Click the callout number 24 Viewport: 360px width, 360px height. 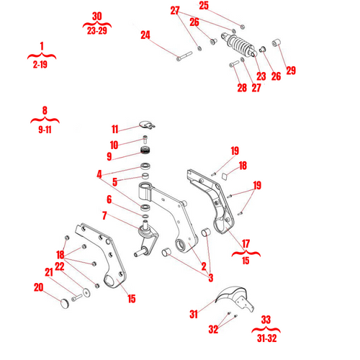point(145,35)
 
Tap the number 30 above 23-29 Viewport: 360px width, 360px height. point(98,17)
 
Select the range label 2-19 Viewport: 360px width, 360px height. point(42,64)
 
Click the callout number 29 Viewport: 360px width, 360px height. point(291,71)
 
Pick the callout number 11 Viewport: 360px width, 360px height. point(114,130)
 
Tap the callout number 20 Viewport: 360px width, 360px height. point(38,288)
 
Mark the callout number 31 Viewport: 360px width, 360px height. point(194,314)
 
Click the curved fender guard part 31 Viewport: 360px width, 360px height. point(230,296)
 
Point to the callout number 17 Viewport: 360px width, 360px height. point(246,243)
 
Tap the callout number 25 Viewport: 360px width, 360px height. point(204,6)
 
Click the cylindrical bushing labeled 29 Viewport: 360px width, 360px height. point(281,49)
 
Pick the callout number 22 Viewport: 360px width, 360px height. point(60,267)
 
